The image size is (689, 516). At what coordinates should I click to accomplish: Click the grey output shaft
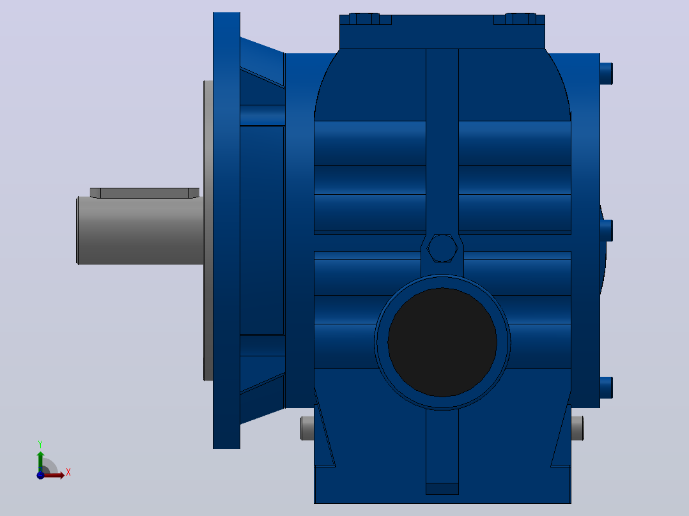140,231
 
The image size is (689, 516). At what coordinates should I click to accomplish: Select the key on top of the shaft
144,193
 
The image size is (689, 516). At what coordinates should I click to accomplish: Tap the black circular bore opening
442,342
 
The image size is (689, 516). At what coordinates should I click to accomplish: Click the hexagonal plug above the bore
442,248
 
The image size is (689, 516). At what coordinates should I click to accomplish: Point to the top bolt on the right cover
607,73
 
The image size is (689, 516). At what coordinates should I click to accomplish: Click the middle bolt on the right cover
607,231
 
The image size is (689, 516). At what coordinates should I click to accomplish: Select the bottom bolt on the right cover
607,388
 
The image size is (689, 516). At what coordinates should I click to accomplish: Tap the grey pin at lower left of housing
307,428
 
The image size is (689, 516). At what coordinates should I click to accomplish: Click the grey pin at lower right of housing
577,428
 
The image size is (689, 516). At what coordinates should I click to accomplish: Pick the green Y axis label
40,444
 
